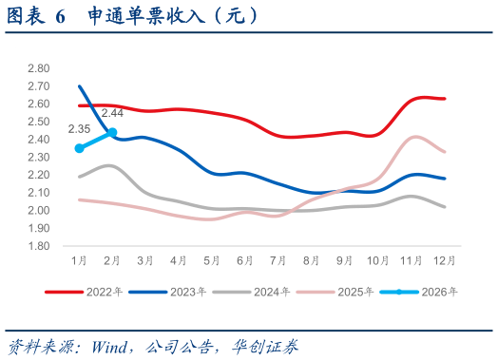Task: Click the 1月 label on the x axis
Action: click(79, 259)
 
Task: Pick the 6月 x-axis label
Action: click(245, 259)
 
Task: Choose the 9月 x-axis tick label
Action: click(345, 259)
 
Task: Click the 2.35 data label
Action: click(79, 129)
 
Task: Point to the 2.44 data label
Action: click(113, 114)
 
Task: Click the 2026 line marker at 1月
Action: click(79, 148)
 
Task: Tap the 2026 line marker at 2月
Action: click(112, 132)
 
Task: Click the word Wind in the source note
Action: click(111, 345)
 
